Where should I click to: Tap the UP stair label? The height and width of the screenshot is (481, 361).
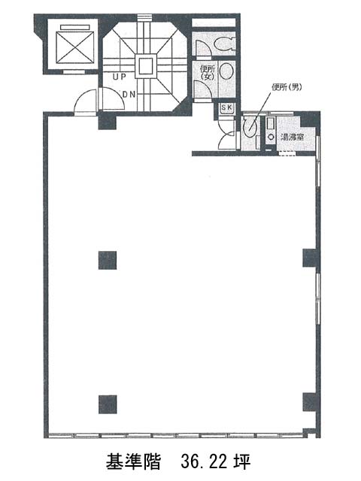click(x=120, y=77)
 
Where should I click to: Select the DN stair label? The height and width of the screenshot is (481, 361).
click(x=129, y=95)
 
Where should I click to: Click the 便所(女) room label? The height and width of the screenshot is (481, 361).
click(x=208, y=72)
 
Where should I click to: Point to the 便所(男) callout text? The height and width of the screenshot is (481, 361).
click(x=287, y=87)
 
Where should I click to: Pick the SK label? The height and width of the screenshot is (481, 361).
click(x=227, y=107)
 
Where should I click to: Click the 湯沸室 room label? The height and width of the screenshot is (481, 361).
click(x=293, y=137)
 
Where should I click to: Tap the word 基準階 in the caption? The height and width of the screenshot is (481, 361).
click(x=134, y=462)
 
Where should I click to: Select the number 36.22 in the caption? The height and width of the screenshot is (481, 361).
click(x=204, y=462)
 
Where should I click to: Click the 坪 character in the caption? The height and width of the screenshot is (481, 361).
click(x=241, y=462)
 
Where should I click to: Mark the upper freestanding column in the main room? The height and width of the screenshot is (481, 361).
click(x=108, y=260)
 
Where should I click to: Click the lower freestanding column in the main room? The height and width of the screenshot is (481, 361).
click(x=108, y=404)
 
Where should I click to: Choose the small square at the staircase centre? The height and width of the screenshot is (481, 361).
click(x=145, y=65)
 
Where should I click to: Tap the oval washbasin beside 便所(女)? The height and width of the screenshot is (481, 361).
click(x=227, y=71)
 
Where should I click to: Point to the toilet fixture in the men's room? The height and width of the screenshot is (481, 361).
click(x=249, y=126)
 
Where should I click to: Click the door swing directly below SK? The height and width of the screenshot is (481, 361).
click(x=226, y=140)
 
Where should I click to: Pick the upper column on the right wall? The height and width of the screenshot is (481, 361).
click(x=311, y=258)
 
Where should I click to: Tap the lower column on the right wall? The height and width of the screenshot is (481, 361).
click(x=311, y=402)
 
